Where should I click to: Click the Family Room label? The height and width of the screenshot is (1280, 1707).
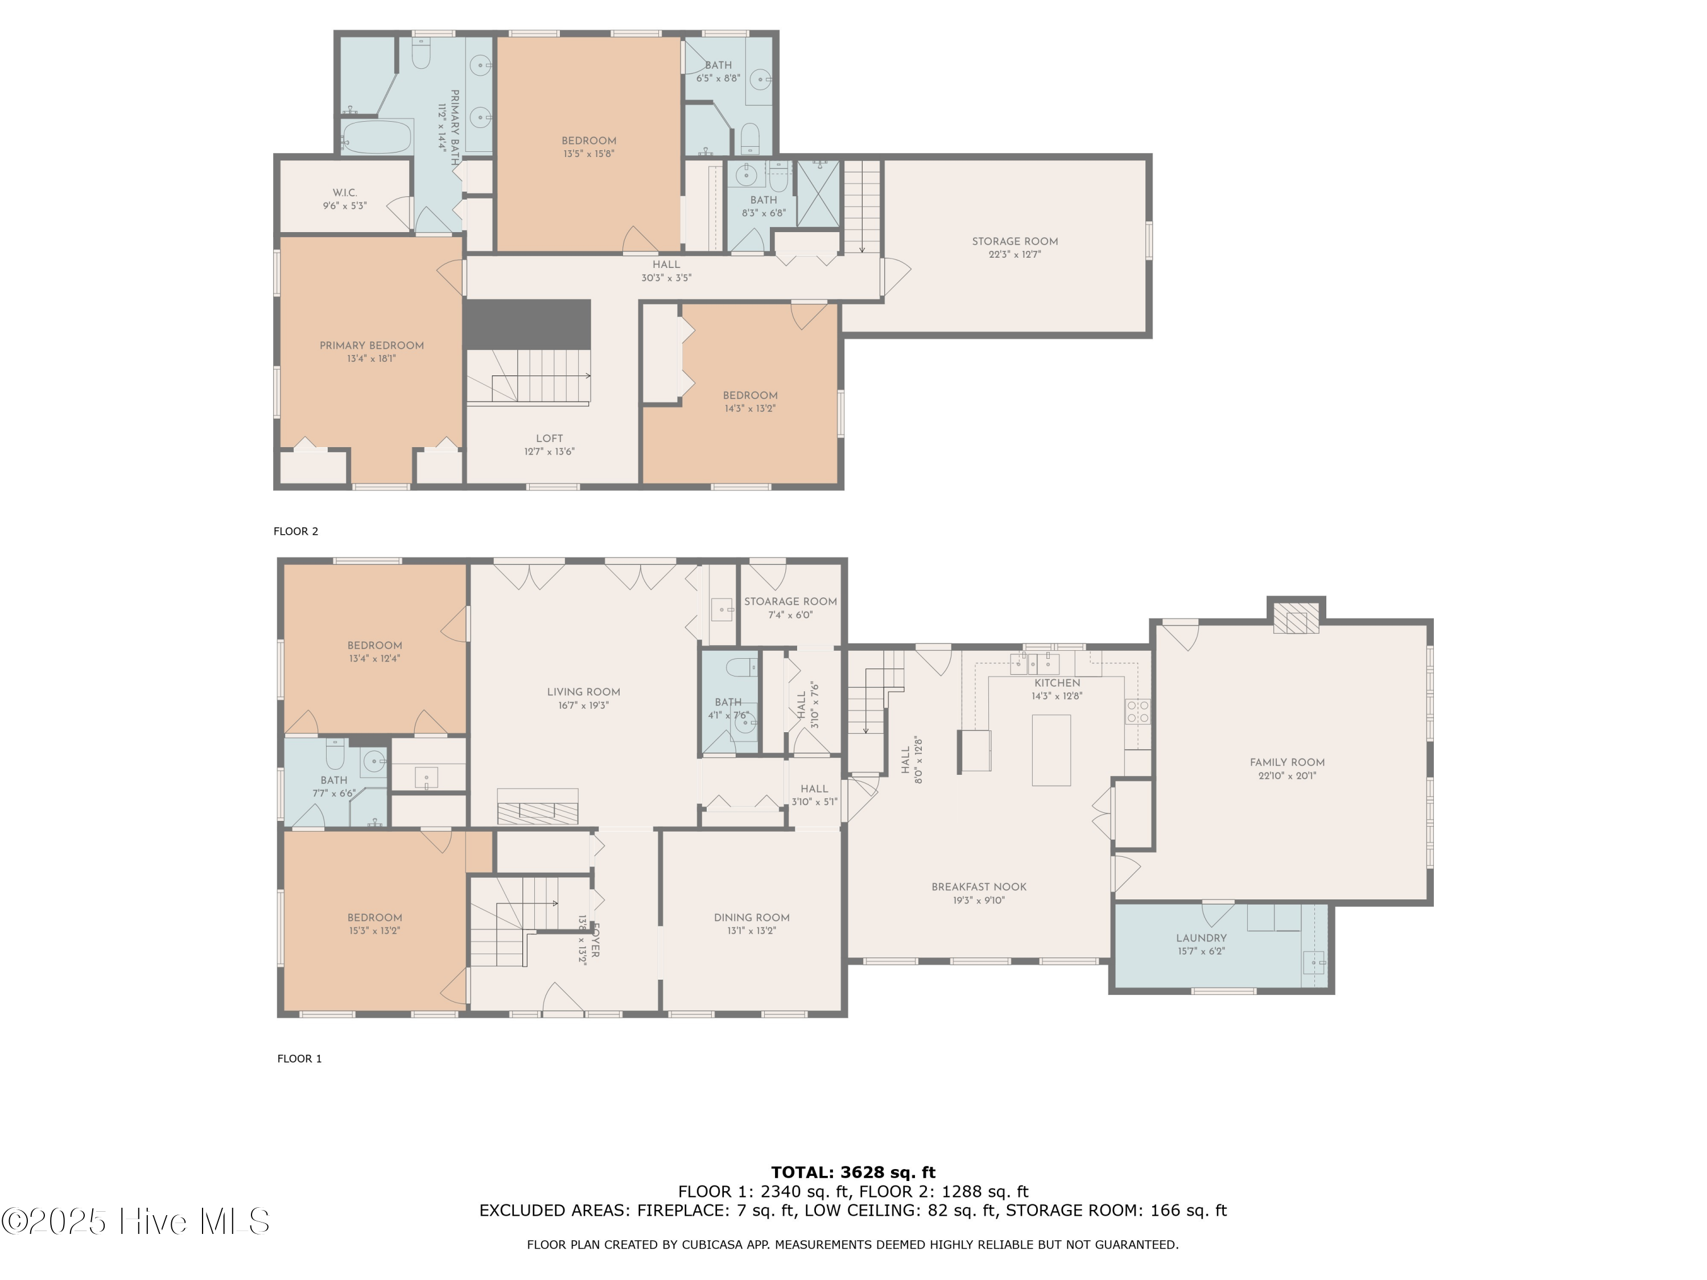pos(1287,762)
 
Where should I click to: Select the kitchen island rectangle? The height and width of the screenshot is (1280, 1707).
pos(1051,750)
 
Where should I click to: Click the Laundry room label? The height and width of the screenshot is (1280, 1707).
pos(1201,938)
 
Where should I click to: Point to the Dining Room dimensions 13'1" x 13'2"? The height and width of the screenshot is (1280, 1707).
pos(751,931)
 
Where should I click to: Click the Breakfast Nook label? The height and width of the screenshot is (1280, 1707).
pos(979,887)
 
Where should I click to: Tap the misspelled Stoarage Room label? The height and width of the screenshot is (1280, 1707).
pos(790,602)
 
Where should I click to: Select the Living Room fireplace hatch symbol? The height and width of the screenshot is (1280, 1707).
pos(537,812)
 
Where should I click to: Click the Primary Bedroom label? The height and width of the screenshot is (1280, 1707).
pos(372,346)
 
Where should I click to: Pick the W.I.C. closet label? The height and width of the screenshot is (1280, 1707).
pos(345,193)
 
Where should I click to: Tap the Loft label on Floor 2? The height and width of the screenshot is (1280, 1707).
pos(550,438)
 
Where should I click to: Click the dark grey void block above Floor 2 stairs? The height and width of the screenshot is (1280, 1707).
pos(527,324)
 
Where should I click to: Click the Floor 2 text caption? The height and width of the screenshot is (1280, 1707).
pos(295,531)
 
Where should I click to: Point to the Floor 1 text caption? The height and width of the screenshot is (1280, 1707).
pos(299,1059)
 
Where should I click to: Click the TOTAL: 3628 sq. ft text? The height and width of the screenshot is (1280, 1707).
pos(853,1172)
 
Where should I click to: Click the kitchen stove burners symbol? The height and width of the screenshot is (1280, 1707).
pos(1137,711)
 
